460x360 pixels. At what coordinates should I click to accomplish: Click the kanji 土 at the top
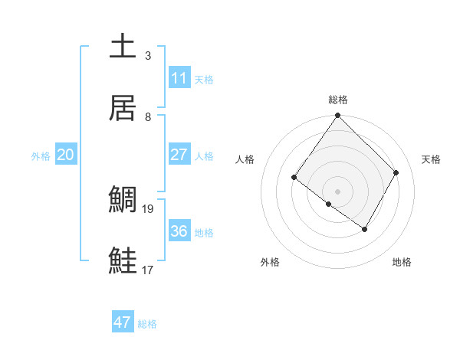tap(123, 46)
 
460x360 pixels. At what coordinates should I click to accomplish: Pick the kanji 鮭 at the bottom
tap(123, 260)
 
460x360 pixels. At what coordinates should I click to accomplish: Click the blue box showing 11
tap(179, 78)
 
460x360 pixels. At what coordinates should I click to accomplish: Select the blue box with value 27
tap(179, 155)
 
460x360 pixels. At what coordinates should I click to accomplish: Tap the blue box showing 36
tap(179, 231)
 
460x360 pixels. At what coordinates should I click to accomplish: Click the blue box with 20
tap(66, 155)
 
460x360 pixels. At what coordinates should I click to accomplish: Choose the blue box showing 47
tap(123, 322)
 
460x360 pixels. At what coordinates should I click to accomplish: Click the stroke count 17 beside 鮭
tap(148, 270)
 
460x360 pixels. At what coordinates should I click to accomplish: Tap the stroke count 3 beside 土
tap(148, 56)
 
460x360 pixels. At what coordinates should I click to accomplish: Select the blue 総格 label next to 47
tap(147, 324)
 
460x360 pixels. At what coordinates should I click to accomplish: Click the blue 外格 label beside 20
tap(41, 155)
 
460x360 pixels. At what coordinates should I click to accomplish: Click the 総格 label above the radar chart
tap(337, 100)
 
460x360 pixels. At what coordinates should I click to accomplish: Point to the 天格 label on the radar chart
tap(431, 159)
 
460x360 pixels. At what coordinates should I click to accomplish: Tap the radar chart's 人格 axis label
tap(245, 159)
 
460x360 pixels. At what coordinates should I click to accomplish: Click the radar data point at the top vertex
tap(337, 116)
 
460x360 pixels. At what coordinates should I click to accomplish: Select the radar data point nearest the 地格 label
tap(365, 229)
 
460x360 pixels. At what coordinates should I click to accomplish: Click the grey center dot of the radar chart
tap(337, 191)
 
